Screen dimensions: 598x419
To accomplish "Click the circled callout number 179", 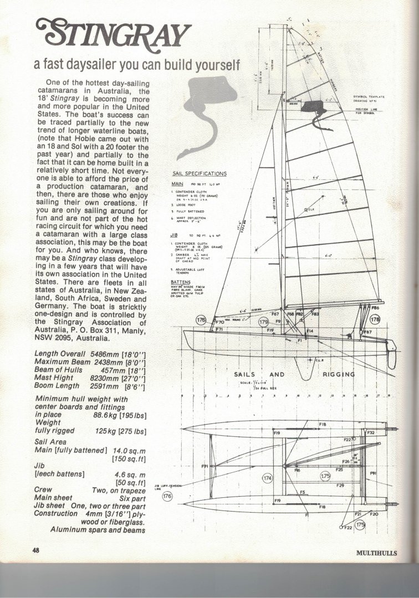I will point(263,321).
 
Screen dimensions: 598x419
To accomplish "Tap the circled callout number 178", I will point(375,319).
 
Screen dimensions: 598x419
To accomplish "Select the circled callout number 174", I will point(267,477).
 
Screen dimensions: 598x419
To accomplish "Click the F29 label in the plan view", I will point(340,485).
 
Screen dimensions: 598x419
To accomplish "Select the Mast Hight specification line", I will point(90,379).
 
